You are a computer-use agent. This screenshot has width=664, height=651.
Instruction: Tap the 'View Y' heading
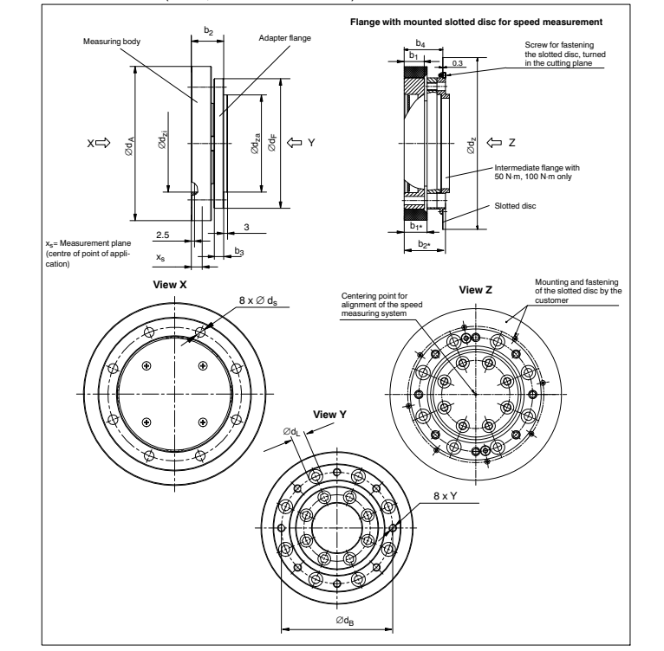point(330,414)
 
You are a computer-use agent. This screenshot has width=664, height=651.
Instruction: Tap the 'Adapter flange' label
point(285,39)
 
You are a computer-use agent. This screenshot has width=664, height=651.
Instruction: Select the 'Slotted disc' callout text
point(511,207)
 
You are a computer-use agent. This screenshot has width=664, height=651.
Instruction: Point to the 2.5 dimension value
point(162,234)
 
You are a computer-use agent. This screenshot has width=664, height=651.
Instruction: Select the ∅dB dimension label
point(344,620)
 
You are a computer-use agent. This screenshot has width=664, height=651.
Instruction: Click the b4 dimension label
point(420,42)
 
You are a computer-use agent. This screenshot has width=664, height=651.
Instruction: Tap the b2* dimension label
point(422,245)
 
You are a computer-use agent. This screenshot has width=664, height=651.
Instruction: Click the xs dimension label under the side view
point(160,257)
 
